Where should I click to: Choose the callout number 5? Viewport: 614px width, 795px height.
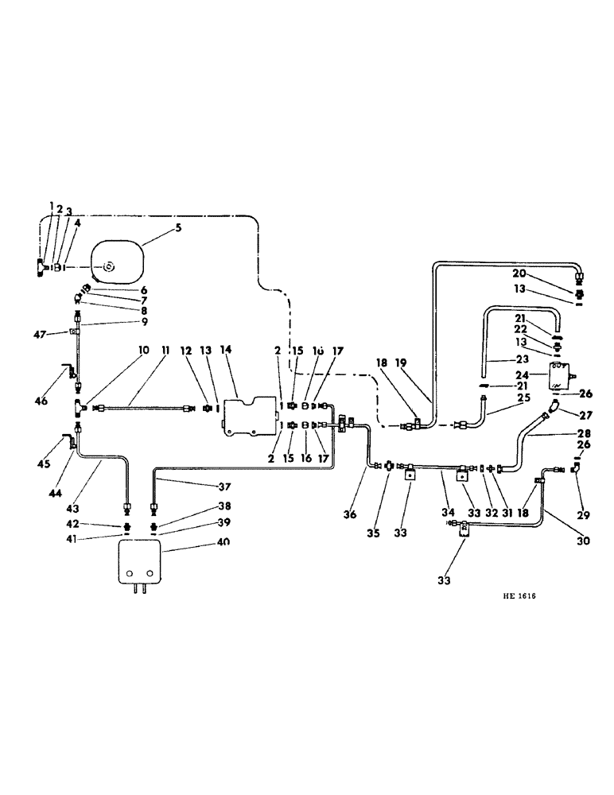click(178, 228)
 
